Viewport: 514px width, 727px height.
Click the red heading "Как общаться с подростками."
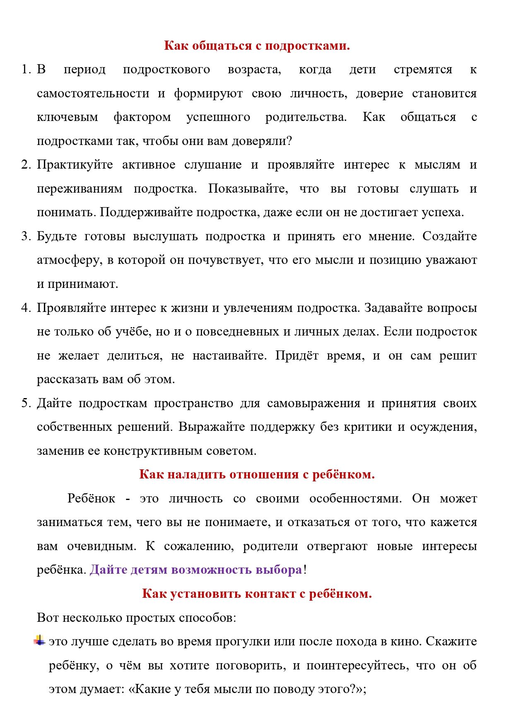click(x=257, y=45)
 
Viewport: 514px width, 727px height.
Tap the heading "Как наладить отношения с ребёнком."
click(x=257, y=474)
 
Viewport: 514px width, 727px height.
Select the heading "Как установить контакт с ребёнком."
click(x=257, y=594)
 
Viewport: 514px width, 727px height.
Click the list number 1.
click(x=25, y=70)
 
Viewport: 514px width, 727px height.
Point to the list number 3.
click(x=25, y=237)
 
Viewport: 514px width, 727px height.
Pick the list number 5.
click(x=25, y=403)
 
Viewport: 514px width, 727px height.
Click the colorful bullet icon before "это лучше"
click(x=39, y=640)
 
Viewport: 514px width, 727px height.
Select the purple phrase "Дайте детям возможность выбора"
click(x=196, y=570)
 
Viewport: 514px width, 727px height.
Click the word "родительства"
click(x=306, y=117)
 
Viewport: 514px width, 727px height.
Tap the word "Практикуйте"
click(x=75, y=165)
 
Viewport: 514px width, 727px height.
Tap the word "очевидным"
click(x=101, y=546)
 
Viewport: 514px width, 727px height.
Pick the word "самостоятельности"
click(x=93, y=94)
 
